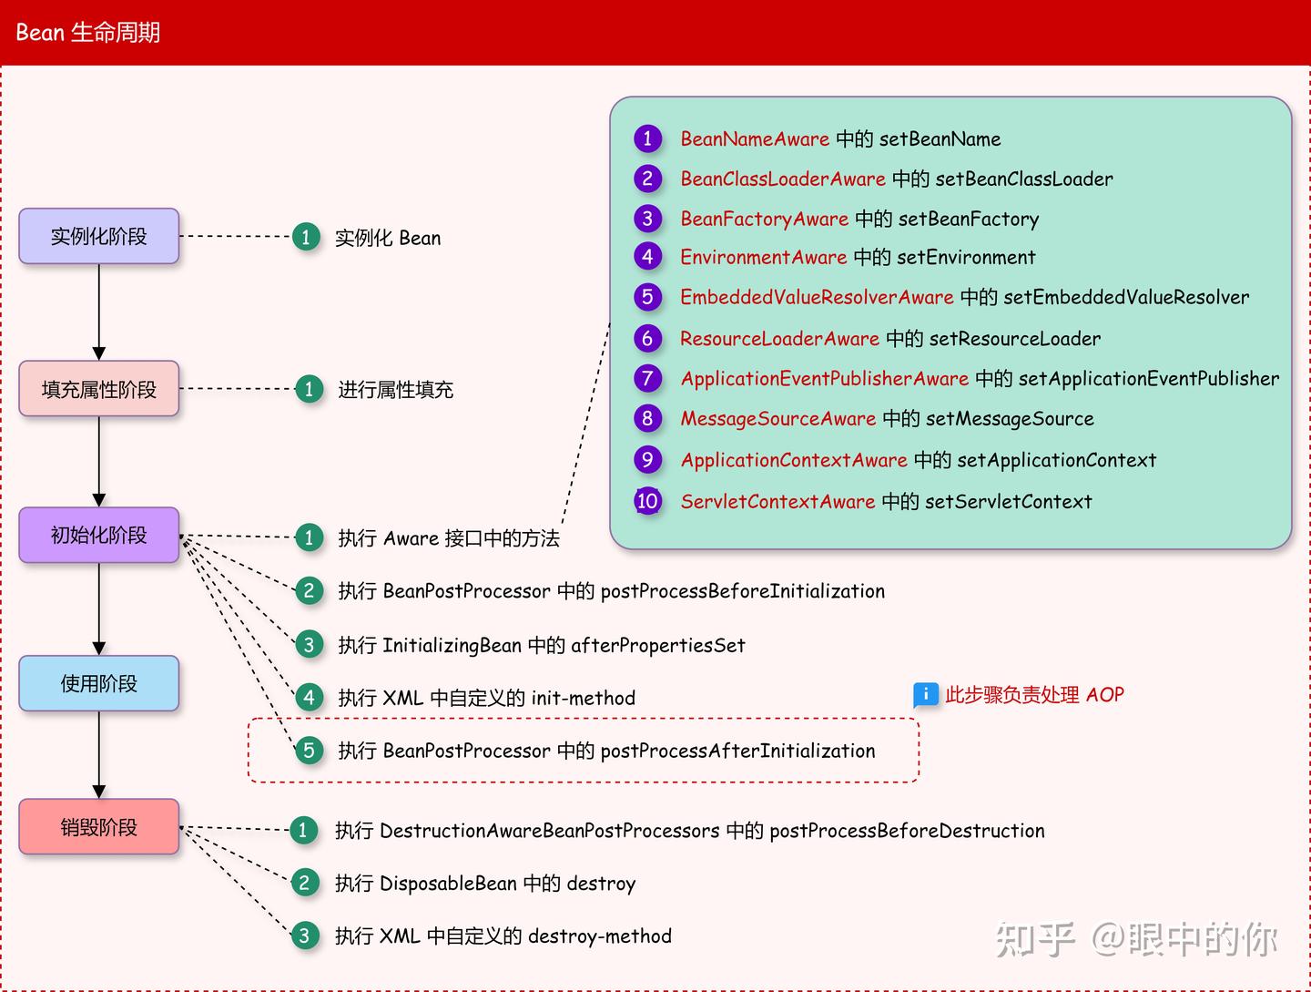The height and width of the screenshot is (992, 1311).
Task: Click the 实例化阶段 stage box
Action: click(x=98, y=237)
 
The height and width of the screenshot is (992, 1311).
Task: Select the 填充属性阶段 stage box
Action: click(x=98, y=389)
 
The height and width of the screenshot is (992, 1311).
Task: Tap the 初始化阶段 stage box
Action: click(x=98, y=536)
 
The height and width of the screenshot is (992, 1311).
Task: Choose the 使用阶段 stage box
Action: click(x=98, y=683)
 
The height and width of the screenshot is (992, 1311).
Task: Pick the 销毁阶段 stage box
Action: click(x=98, y=827)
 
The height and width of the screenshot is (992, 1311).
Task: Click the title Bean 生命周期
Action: click(x=88, y=33)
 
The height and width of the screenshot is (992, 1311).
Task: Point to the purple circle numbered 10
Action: click(x=647, y=500)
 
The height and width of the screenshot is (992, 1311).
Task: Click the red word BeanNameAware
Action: click(x=755, y=139)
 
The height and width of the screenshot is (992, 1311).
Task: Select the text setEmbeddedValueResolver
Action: click(x=1126, y=298)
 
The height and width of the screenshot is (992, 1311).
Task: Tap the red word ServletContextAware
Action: click(x=777, y=501)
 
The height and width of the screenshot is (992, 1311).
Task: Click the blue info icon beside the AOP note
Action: click(x=925, y=695)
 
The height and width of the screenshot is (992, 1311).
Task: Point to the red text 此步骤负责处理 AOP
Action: click(x=1034, y=695)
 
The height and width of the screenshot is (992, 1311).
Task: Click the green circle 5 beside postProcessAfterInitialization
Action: click(x=309, y=751)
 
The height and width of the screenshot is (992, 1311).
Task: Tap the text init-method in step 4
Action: click(x=583, y=699)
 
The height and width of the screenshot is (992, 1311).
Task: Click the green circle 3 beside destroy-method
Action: click(x=304, y=936)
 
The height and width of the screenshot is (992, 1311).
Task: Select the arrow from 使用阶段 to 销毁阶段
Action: click(x=98, y=754)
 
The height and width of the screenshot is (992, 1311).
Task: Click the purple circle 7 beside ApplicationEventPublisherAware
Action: click(x=647, y=378)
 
